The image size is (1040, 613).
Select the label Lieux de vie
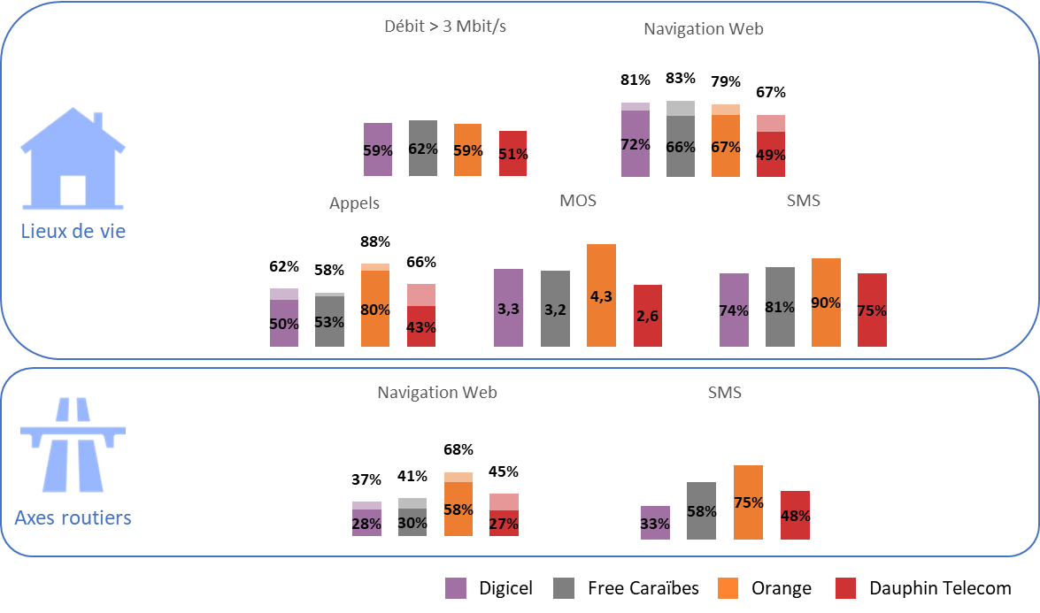tap(73, 233)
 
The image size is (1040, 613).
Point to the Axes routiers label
tap(73, 517)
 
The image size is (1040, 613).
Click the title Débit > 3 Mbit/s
tap(444, 27)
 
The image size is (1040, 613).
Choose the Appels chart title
tap(354, 203)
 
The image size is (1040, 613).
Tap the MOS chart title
tap(578, 201)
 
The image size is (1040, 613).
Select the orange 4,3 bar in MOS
tap(601, 295)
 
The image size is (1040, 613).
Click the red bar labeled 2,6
tap(647, 315)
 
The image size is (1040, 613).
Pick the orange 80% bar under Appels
tap(374, 304)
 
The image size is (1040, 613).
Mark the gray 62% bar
tap(423, 148)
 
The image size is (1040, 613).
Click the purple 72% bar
tap(636, 140)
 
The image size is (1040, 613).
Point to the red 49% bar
tap(771, 146)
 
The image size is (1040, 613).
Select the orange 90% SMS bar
tap(826, 302)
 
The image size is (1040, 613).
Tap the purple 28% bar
tap(366, 518)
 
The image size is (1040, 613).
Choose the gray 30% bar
tap(412, 517)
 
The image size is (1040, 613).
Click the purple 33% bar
tap(655, 522)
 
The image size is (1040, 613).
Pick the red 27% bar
tap(504, 514)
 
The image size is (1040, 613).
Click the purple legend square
tap(456, 588)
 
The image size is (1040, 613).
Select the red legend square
tap(845, 588)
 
